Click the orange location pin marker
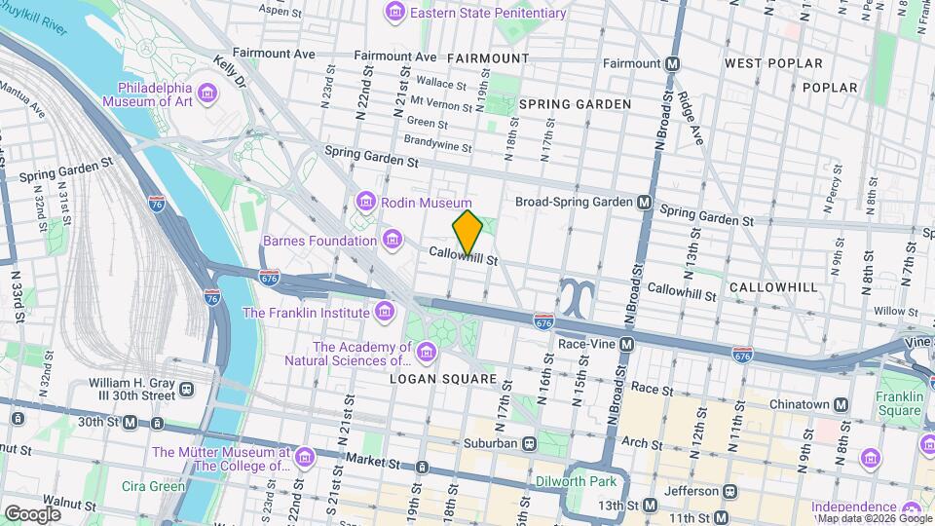[467, 232]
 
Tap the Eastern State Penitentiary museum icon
[394, 13]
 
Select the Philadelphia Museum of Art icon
[207, 94]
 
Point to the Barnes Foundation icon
[393, 240]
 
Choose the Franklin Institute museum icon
[385, 312]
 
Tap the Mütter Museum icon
[305, 458]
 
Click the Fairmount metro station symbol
[671, 63]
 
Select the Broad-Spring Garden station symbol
[644, 203]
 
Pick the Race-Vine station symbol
[627, 345]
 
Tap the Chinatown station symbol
[841, 404]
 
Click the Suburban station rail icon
[531, 443]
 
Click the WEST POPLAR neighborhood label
[773, 63]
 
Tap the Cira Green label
[154, 486]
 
